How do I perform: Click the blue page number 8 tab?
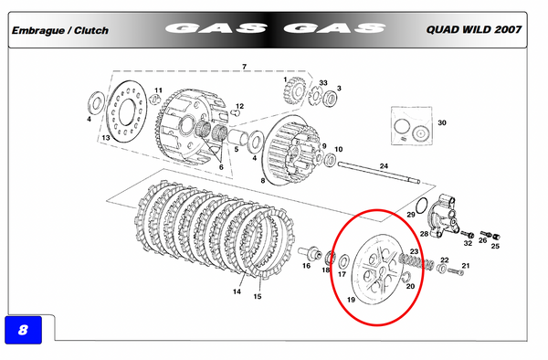[23, 330]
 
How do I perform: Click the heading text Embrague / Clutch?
[60, 30]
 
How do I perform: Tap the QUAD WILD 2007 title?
[473, 29]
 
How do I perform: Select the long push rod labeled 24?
[379, 173]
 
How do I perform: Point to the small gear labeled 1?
[295, 91]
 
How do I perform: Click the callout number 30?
[442, 122]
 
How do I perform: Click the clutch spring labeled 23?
[416, 262]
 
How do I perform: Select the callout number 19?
[351, 300]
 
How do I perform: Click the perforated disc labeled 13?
[127, 111]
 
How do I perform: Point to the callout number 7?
[244, 67]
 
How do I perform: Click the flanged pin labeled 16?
[310, 252]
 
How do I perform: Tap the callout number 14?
[237, 291]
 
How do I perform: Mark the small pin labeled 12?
[236, 112]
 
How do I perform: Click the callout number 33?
[323, 83]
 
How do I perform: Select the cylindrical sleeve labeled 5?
[237, 137]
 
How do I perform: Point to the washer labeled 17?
[343, 261]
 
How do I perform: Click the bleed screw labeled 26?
[485, 233]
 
